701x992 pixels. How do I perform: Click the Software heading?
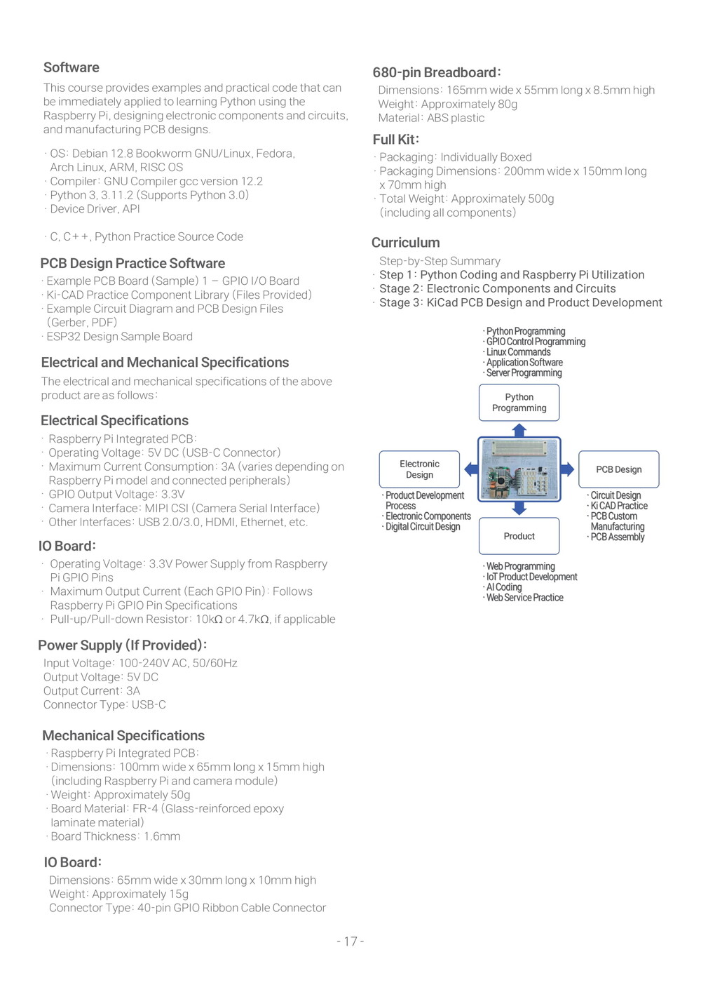pos(72,67)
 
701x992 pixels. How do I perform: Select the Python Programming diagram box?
pos(519,403)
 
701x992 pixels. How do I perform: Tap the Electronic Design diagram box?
pos(419,469)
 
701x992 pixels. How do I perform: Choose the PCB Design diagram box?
pos(618,469)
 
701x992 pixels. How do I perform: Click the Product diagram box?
pos(519,536)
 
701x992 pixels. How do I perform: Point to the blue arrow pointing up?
pos(519,429)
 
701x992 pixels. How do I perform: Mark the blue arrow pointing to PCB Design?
pos(567,469)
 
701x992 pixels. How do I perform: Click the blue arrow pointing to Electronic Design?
pos(470,469)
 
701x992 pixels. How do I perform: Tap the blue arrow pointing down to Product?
pos(519,508)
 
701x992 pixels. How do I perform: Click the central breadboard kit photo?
pos(519,469)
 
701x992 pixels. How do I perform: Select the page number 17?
pos(350,941)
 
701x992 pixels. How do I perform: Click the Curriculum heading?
pos(406,243)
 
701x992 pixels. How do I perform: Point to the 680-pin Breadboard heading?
pos(436,72)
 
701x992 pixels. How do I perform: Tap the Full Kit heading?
pos(396,140)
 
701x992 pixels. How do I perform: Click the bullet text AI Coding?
pos(504,587)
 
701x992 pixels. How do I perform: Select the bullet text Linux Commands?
pos(518,352)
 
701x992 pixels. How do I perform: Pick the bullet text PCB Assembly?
pos(617,537)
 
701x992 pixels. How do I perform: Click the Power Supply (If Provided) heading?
pos(122,645)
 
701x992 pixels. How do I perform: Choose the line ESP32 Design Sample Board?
pos(119,337)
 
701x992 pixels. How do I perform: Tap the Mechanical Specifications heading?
pos(123,736)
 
